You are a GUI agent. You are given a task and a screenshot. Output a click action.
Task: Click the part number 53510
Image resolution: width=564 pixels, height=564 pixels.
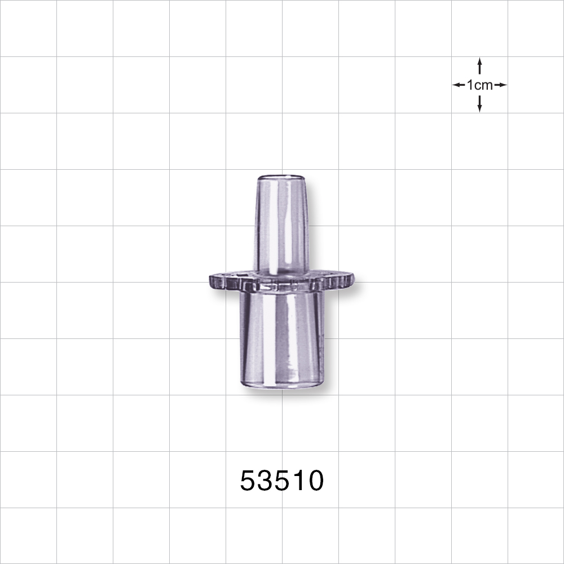click(282, 481)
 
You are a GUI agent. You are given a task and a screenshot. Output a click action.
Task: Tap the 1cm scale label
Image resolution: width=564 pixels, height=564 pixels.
click(479, 85)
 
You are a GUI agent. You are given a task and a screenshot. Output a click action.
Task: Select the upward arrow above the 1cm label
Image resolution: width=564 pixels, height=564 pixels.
click(479, 65)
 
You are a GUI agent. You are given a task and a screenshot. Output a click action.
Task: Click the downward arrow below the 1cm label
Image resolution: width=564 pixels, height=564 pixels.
click(479, 104)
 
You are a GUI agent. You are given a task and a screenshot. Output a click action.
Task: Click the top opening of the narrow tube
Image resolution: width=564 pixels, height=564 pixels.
click(280, 177)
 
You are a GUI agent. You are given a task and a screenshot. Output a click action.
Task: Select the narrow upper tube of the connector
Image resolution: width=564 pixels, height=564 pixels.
click(280, 226)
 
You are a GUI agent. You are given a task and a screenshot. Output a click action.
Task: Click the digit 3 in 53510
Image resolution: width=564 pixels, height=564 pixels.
click(266, 481)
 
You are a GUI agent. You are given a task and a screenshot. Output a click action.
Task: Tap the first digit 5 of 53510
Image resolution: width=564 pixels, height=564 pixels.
click(249, 481)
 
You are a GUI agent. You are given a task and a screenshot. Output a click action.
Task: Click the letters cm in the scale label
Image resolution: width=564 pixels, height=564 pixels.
click(483, 85)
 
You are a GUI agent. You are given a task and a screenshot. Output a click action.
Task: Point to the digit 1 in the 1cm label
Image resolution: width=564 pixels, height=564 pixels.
click(470, 85)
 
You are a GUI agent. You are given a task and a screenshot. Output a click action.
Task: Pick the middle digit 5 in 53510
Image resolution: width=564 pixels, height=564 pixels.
click(283, 481)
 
